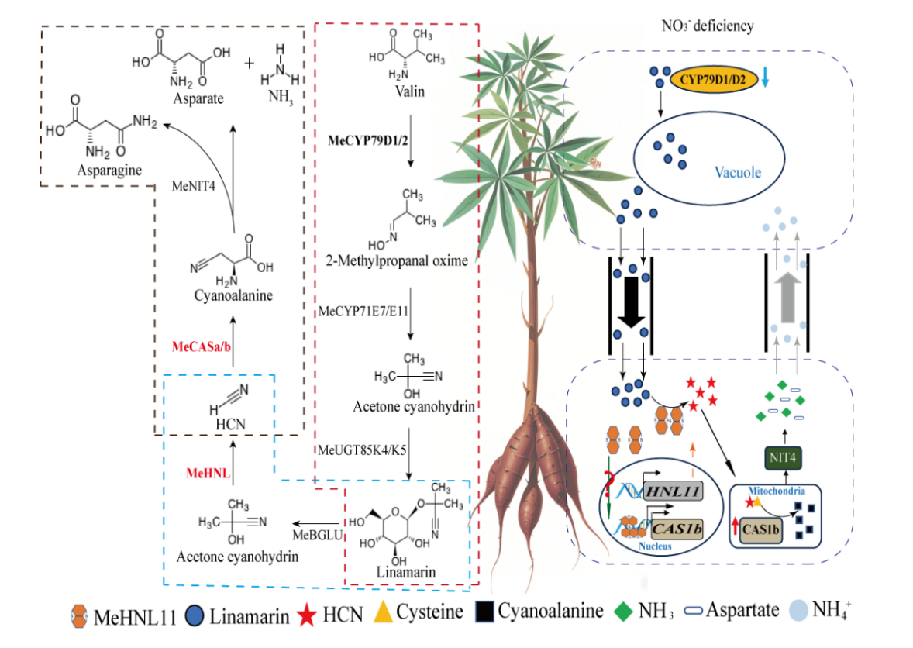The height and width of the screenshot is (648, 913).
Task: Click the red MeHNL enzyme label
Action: click(x=208, y=472)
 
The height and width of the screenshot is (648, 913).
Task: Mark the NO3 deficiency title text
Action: click(x=708, y=26)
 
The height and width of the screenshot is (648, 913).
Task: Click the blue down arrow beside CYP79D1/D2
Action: click(x=765, y=79)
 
